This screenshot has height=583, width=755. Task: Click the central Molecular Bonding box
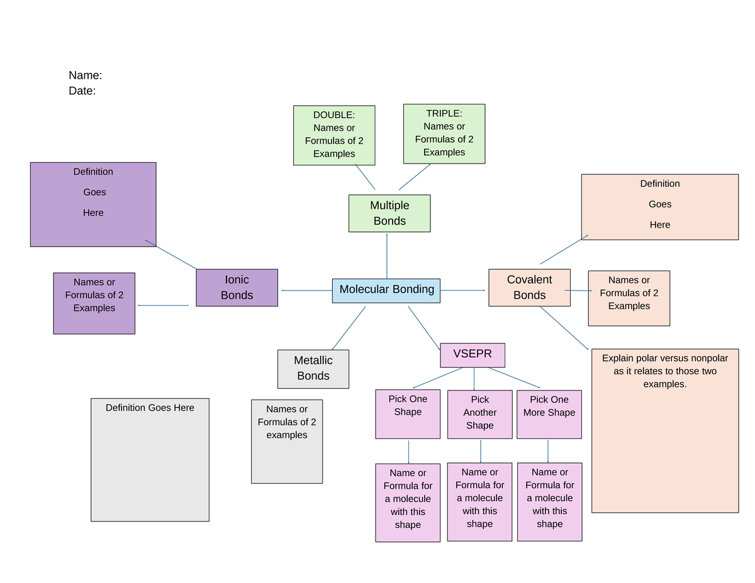pyautogui.click(x=386, y=290)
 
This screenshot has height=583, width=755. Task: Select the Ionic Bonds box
pyautogui.click(x=237, y=287)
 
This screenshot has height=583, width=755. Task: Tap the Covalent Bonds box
pyautogui.click(x=529, y=287)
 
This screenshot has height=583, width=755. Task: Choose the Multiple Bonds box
pyautogui.click(x=389, y=213)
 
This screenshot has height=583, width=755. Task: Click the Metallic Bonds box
pyautogui.click(x=313, y=369)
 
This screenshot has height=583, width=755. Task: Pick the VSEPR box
pyautogui.click(x=473, y=355)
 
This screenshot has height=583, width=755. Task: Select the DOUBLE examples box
pyautogui.click(x=334, y=135)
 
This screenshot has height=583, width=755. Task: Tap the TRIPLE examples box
pyautogui.click(x=444, y=134)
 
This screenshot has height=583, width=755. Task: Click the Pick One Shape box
pyautogui.click(x=408, y=414)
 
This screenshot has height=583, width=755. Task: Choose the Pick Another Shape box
pyautogui.click(x=479, y=414)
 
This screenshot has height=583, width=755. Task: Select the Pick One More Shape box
pyautogui.click(x=549, y=414)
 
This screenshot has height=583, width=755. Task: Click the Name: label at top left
pyautogui.click(x=85, y=75)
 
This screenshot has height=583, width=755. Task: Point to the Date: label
pyautogui.click(x=82, y=91)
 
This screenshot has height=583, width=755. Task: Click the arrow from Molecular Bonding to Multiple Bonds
pyautogui.click(x=387, y=255)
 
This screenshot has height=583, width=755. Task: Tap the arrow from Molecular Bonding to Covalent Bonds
pyautogui.click(x=464, y=290)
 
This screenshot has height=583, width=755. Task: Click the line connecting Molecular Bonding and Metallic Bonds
pyautogui.click(x=349, y=328)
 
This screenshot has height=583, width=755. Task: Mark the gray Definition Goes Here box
pyautogui.click(x=150, y=460)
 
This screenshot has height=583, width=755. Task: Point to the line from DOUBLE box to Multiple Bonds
pyautogui.click(x=365, y=177)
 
